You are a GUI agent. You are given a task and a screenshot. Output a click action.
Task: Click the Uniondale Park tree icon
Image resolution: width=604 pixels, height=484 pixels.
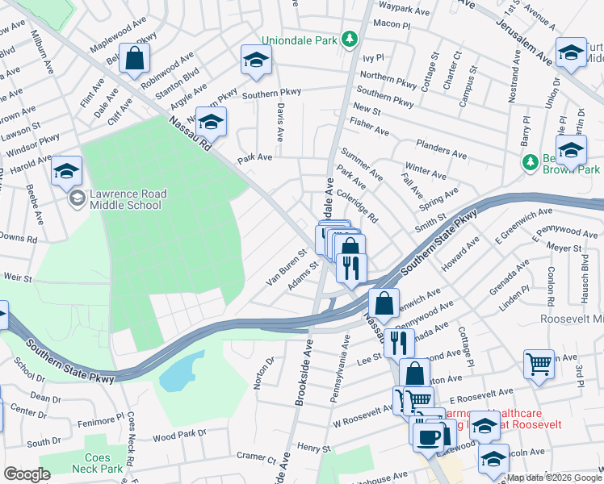[x=349, y=40]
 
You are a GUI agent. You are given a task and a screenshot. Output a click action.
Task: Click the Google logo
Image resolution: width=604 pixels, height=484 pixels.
[x=27, y=474]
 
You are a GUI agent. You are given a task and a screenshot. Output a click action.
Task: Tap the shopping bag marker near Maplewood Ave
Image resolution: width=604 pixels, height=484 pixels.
[x=134, y=58]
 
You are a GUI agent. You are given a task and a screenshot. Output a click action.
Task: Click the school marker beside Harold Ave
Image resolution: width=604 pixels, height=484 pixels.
[x=67, y=170]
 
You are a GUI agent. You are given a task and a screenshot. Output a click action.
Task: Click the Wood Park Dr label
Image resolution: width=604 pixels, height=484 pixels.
[x=179, y=436]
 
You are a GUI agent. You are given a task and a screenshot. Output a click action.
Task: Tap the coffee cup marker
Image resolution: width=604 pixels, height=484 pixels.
[x=427, y=436]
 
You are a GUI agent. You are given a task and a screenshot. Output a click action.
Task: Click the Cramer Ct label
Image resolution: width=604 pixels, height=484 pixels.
[x=258, y=457]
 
